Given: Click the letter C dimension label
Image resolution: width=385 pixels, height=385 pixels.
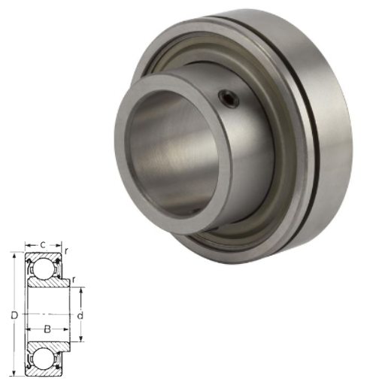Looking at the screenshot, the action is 43,245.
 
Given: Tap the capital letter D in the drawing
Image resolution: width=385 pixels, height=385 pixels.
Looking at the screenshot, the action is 14,316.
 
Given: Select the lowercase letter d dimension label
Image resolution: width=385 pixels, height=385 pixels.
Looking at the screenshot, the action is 80,316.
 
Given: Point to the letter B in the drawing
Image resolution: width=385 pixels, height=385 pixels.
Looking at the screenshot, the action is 47,329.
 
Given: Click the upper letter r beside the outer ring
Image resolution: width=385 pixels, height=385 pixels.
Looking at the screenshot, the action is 66,251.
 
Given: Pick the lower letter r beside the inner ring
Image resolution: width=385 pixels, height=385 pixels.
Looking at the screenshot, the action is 73,280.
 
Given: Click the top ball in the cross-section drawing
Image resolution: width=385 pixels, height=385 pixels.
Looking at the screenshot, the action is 43,268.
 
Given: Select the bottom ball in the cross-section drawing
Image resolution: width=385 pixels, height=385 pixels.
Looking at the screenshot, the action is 43,360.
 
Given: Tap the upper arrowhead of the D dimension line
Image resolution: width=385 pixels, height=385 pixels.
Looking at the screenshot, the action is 14,256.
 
